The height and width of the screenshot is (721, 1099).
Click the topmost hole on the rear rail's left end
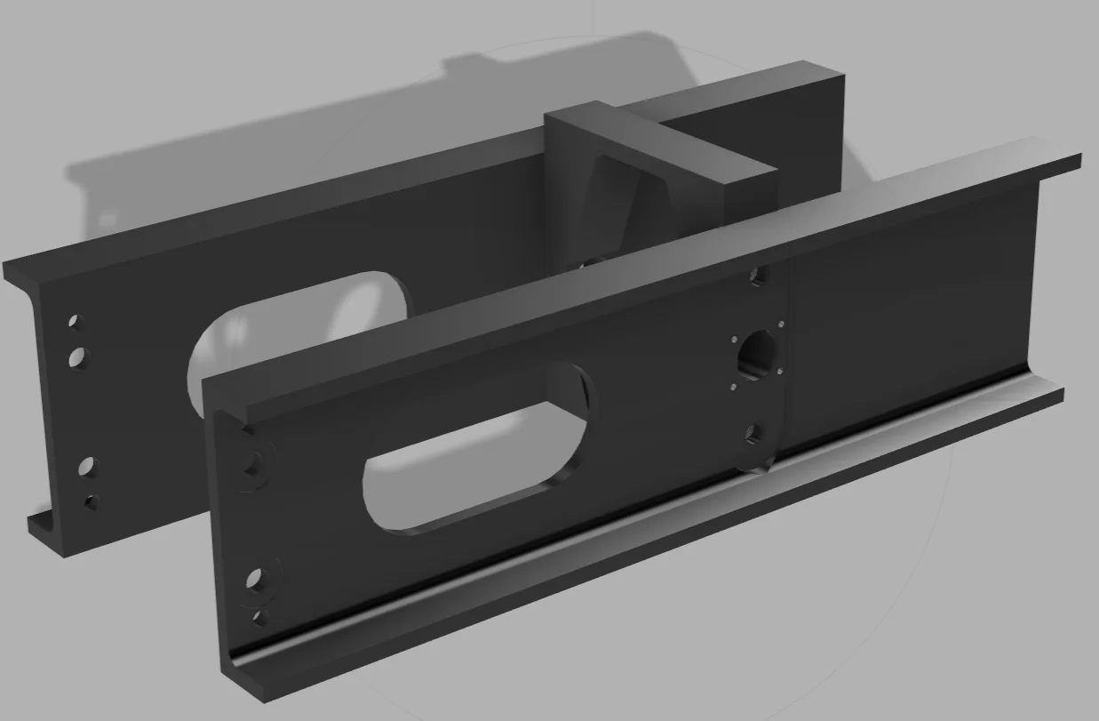(x=76, y=320)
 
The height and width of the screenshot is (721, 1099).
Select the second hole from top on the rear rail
(x=79, y=357)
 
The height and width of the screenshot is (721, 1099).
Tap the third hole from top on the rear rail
(x=87, y=466)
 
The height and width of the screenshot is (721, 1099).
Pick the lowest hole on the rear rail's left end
(x=91, y=502)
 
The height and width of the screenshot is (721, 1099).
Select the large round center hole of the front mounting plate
(x=757, y=351)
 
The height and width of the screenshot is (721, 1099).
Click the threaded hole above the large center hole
(x=757, y=276)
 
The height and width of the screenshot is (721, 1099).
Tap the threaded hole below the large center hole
(x=753, y=434)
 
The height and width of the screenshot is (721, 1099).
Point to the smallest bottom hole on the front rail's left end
(x=259, y=615)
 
